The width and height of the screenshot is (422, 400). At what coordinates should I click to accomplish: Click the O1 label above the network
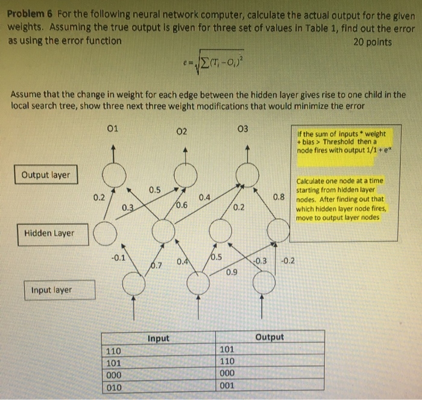[112, 128]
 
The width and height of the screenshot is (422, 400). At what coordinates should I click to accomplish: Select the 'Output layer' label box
[46, 175]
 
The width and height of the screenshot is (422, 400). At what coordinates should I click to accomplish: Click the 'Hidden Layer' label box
[49, 233]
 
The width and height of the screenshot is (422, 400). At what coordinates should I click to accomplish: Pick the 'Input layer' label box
[52, 290]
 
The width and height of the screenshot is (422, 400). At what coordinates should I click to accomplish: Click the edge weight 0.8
[278, 196]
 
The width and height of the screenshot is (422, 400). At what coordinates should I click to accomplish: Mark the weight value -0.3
[260, 260]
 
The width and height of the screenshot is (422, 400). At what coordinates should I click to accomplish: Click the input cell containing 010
[113, 386]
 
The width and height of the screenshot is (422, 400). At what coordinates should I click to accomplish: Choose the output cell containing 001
[228, 386]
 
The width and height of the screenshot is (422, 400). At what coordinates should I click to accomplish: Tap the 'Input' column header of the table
[159, 339]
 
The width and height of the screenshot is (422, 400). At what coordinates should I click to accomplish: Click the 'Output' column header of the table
[269, 337]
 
